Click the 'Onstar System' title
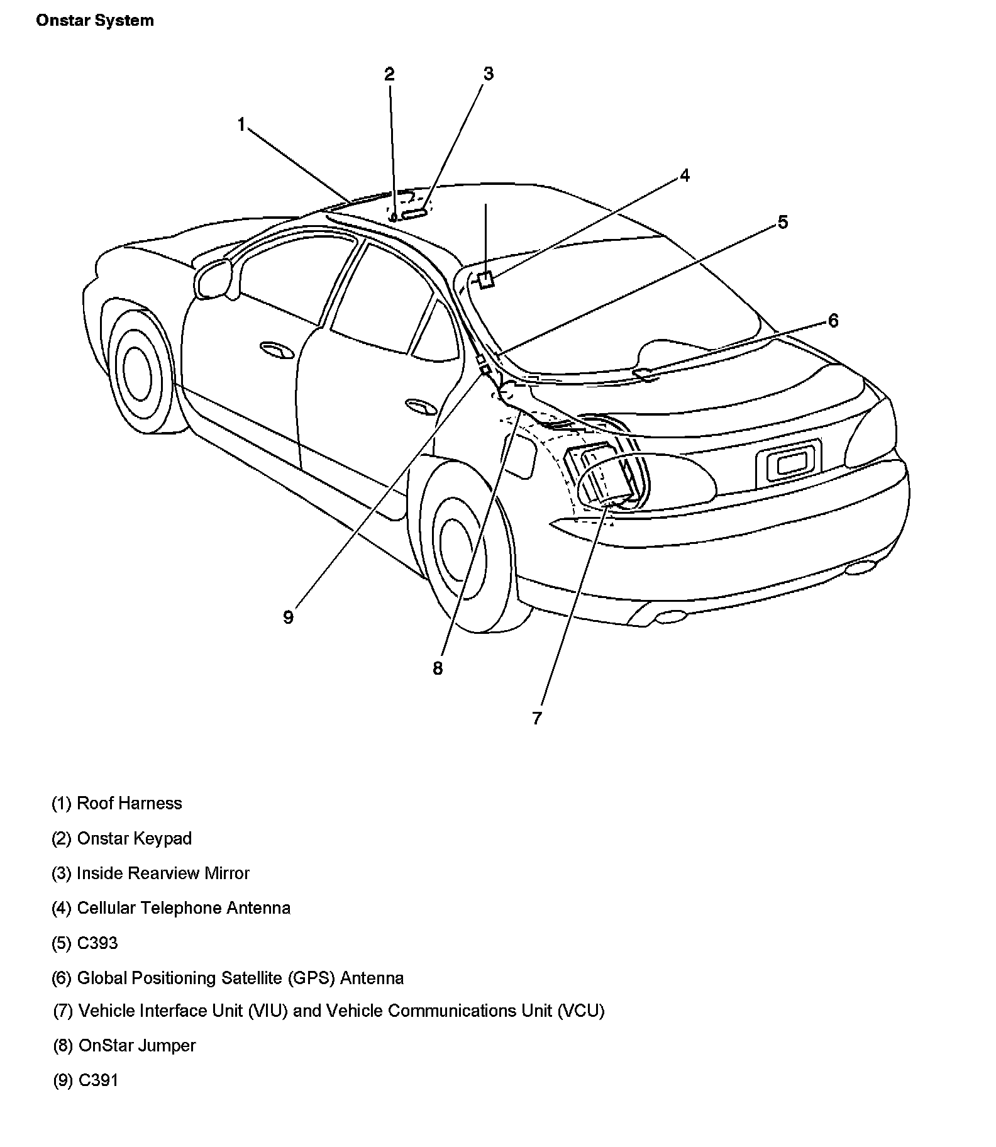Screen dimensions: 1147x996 click(x=95, y=21)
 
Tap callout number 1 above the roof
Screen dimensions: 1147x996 click(x=241, y=125)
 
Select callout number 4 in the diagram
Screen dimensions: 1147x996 click(x=685, y=175)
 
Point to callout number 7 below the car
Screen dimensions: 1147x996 click(x=536, y=718)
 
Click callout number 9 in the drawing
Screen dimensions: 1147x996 click(x=288, y=618)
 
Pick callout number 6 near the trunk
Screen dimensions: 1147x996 click(x=833, y=321)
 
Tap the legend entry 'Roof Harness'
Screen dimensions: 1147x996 click(x=117, y=804)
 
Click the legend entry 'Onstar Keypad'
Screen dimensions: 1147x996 click(x=122, y=839)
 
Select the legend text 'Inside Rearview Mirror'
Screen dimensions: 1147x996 click(x=151, y=873)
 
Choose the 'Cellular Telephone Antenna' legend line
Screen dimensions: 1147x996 click(x=171, y=908)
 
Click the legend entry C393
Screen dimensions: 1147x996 click(x=85, y=943)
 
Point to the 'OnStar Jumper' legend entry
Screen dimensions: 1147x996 click(x=124, y=1046)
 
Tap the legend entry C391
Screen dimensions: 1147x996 click(x=86, y=1080)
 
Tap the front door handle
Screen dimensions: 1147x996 click(x=277, y=350)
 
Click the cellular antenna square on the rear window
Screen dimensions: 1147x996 click(x=485, y=279)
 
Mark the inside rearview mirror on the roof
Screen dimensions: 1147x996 click(x=414, y=214)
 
